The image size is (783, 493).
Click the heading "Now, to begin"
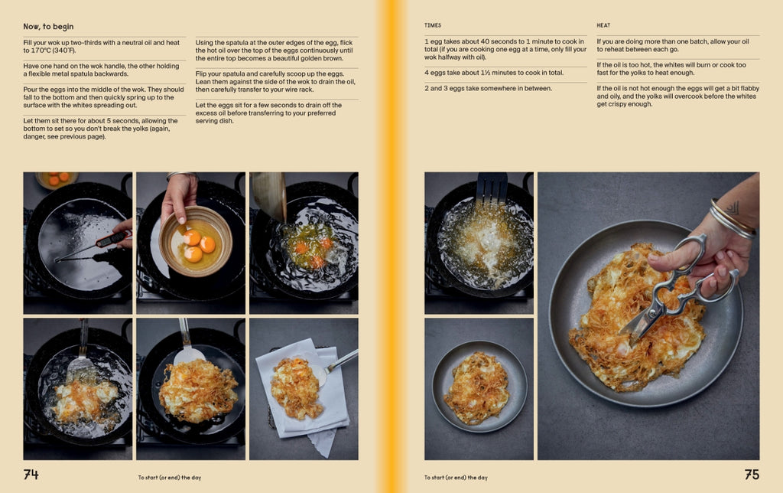point(48,27)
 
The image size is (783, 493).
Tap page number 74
point(31,474)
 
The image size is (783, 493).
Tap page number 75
point(752,474)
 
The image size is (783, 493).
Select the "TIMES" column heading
point(433,25)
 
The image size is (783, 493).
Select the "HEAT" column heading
point(603,25)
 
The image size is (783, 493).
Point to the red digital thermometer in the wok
point(95,246)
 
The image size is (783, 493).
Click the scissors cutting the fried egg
point(678,285)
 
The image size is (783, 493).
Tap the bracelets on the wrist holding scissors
point(732,219)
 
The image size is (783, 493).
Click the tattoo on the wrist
point(732,207)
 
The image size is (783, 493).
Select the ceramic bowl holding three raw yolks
point(195,241)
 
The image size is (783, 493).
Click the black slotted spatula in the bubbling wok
point(492,189)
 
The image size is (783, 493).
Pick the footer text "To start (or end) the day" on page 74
point(170,478)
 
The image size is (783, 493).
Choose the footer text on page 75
point(456,478)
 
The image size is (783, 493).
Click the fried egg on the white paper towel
point(297,387)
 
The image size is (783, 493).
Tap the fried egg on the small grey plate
point(477,387)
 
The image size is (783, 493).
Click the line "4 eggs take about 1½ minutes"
point(494,73)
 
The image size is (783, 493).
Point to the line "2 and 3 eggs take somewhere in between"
point(489,89)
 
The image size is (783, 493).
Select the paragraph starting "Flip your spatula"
point(275,81)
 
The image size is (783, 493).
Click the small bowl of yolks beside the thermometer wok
point(57,179)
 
